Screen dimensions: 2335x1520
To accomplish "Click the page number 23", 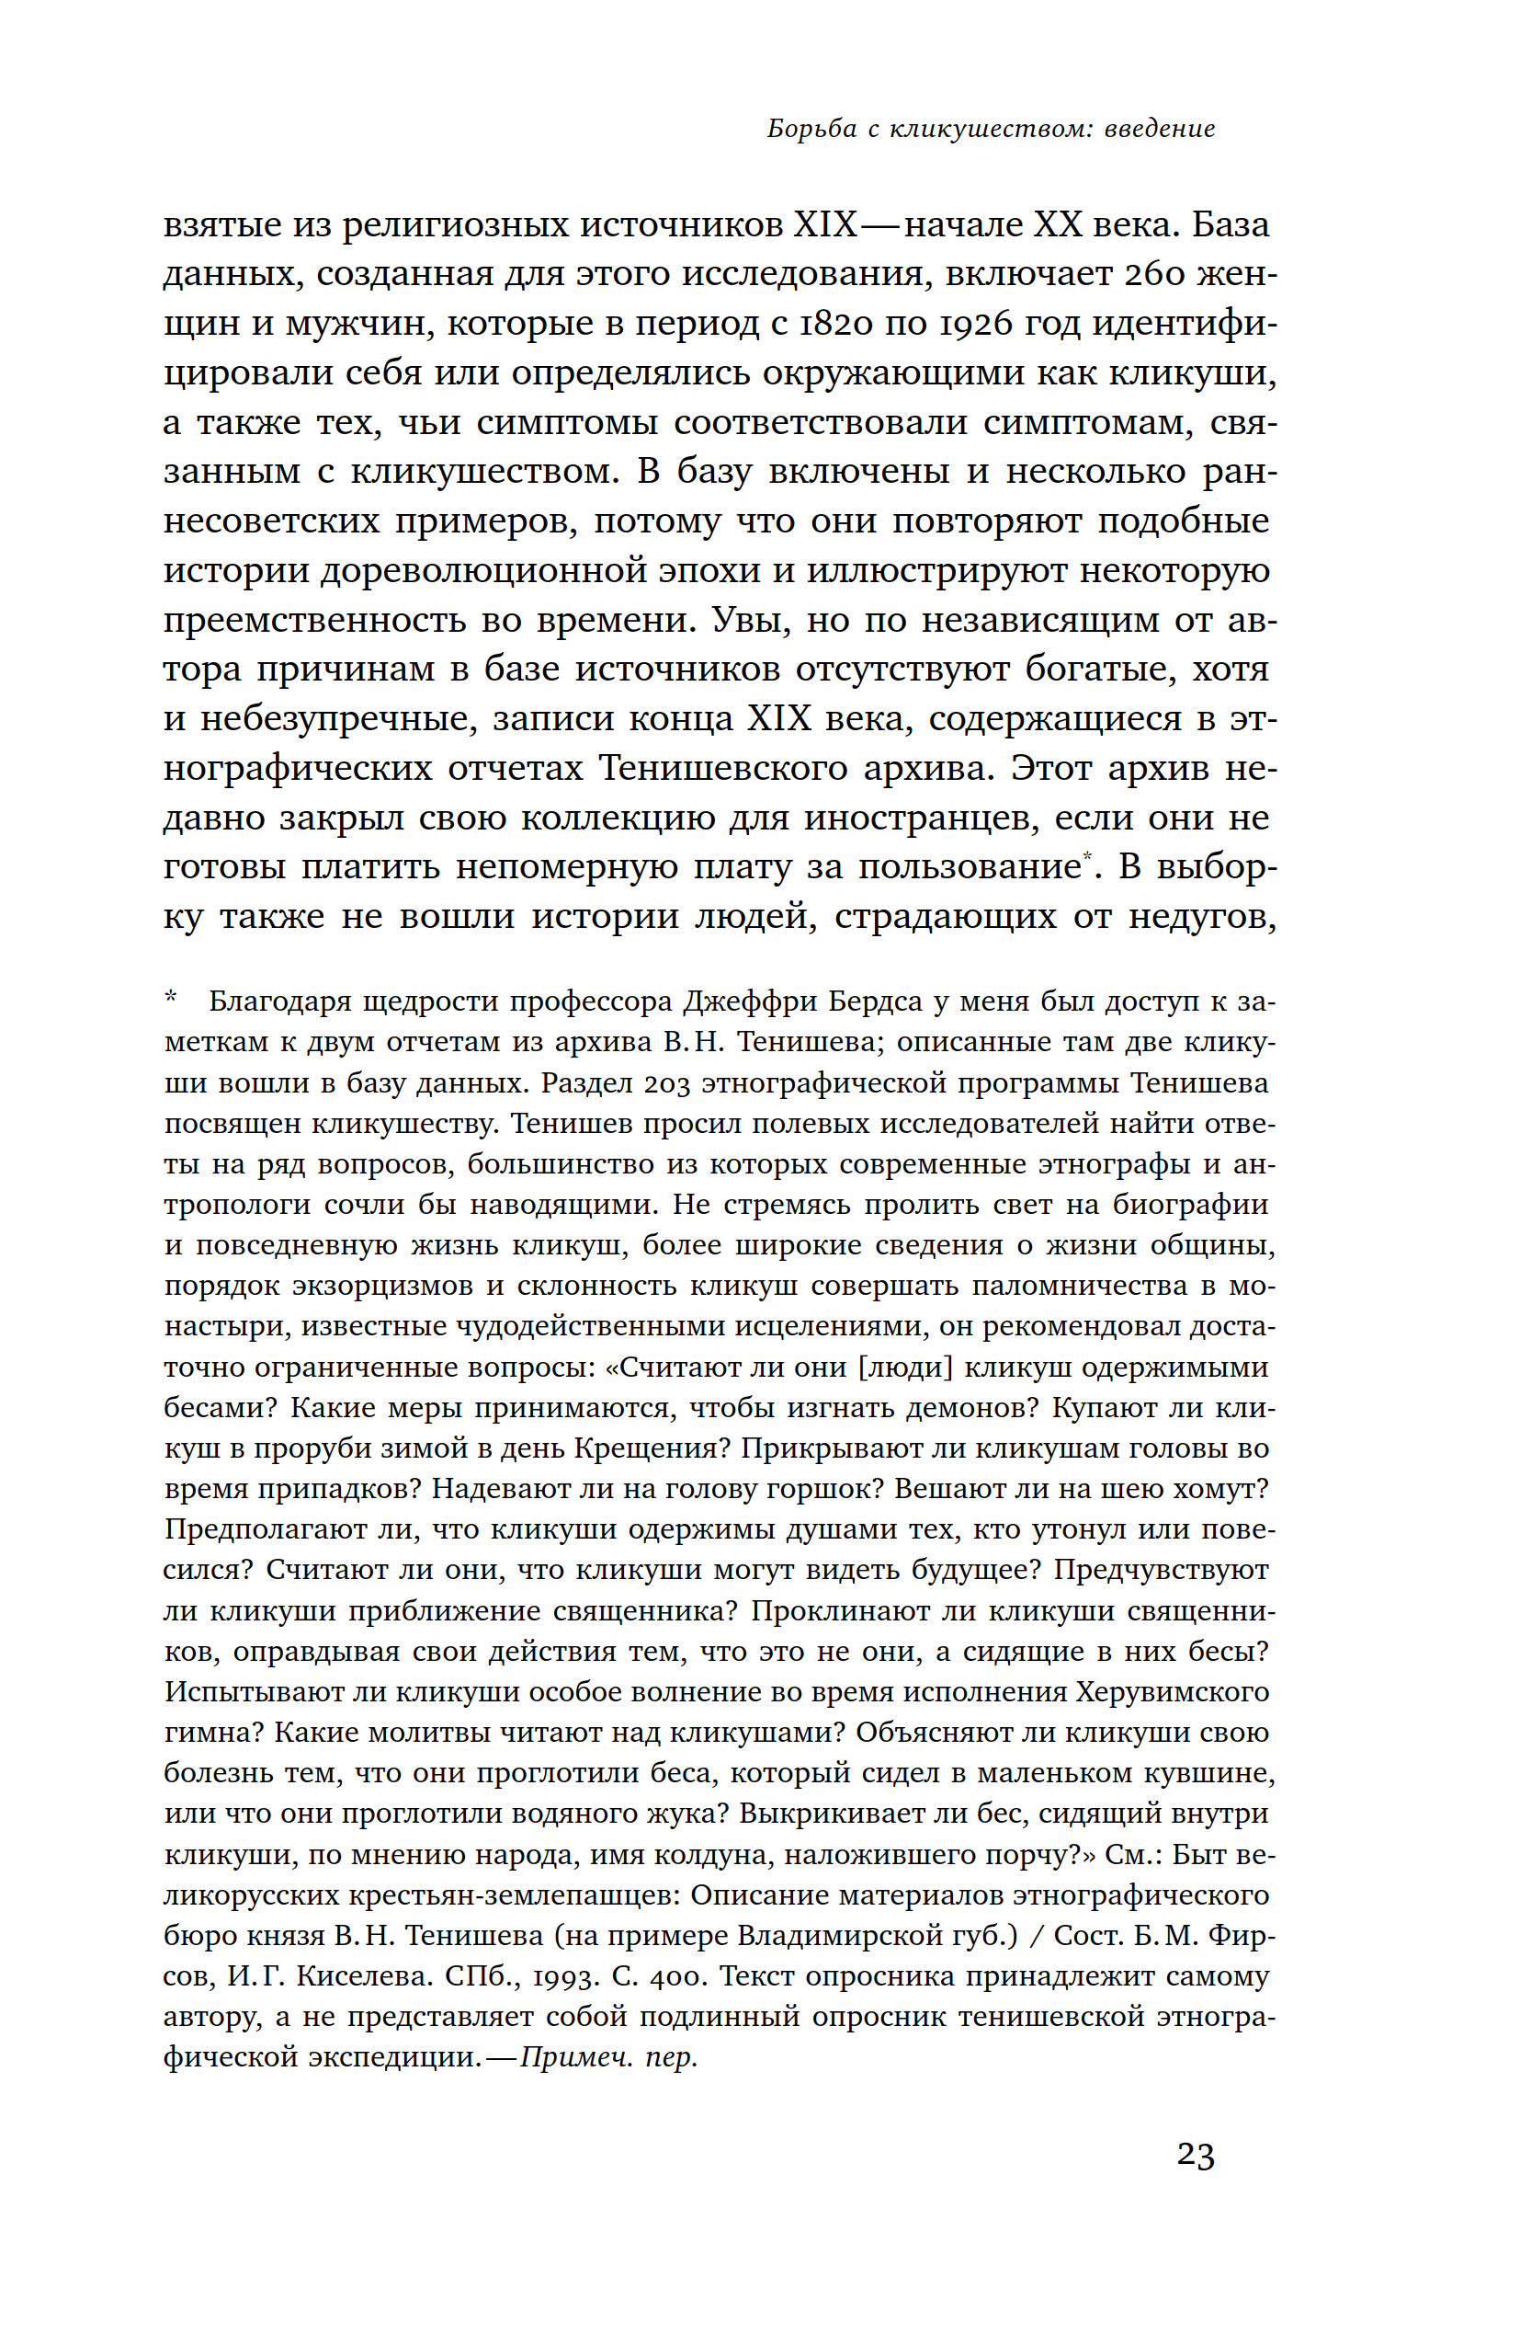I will point(1196,2156).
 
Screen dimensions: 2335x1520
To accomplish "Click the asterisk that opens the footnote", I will point(171,999).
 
